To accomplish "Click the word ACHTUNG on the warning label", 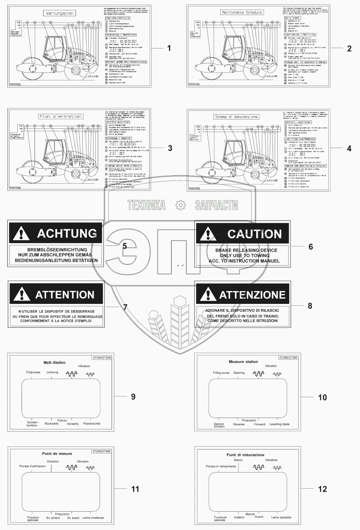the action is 67,233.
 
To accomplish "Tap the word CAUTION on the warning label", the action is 254,234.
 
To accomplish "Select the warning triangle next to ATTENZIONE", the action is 206,294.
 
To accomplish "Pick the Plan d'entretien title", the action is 61,116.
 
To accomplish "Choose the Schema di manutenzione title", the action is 236,117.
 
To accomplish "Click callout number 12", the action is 322,489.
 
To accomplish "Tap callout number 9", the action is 133,396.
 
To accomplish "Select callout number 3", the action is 170,148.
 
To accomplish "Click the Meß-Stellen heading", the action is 54,362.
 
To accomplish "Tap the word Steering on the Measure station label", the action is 239,373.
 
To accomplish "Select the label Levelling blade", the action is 280,424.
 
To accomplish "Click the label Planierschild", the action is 92,424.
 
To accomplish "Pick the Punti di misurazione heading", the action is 245,455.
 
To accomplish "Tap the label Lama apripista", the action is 281,517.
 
